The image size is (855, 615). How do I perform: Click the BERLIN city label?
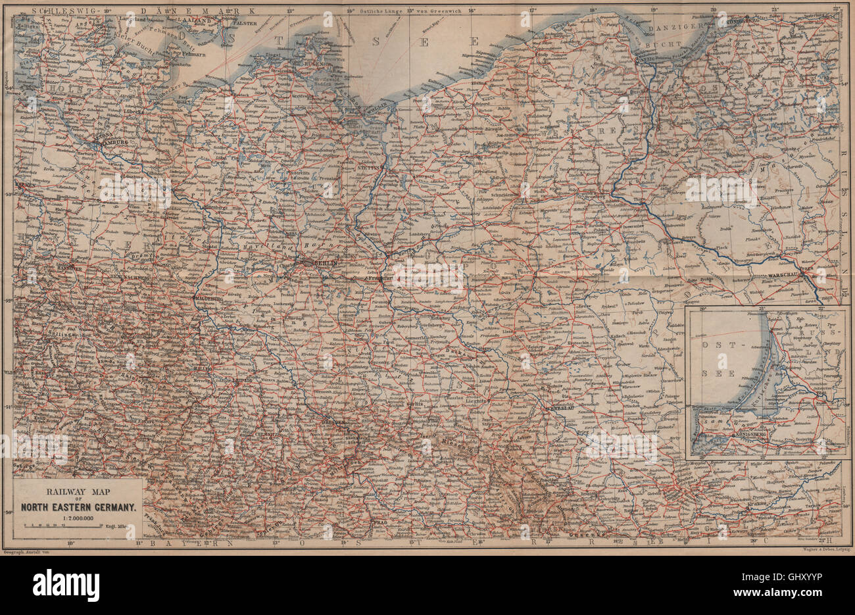[326, 262]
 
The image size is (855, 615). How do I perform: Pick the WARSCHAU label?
[782, 276]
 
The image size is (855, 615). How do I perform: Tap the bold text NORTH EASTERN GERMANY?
[77, 507]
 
